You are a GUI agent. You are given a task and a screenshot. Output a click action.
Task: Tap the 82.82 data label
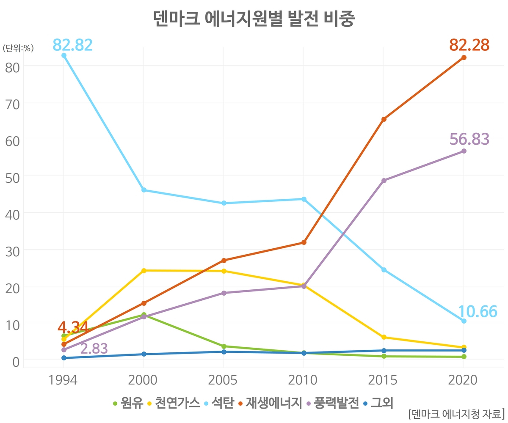(72, 45)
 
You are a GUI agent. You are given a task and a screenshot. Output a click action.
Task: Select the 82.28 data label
(469, 45)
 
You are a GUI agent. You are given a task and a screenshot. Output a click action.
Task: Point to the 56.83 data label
(469, 139)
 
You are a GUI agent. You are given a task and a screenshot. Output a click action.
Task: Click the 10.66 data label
(478, 311)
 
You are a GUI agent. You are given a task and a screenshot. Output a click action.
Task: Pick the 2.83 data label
(94, 349)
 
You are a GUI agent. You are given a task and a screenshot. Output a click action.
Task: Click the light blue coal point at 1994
(64, 55)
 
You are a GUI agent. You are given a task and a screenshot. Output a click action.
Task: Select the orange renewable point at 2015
(384, 119)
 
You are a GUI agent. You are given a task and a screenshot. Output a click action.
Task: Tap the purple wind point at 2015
(384, 181)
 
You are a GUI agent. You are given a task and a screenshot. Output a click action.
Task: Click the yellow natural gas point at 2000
(144, 271)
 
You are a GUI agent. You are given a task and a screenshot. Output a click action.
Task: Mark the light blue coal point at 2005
(224, 203)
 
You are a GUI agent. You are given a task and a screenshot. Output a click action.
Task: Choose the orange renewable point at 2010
(304, 242)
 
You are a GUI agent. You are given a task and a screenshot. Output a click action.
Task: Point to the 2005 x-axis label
(222, 380)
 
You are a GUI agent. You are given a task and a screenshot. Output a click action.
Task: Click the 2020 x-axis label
(463, 380)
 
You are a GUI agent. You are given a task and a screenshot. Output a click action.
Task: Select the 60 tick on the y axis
(12, 141)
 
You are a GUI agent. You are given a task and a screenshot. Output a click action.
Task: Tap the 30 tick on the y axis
(12, 252)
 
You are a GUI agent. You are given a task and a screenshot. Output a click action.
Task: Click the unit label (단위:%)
(18, 48)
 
